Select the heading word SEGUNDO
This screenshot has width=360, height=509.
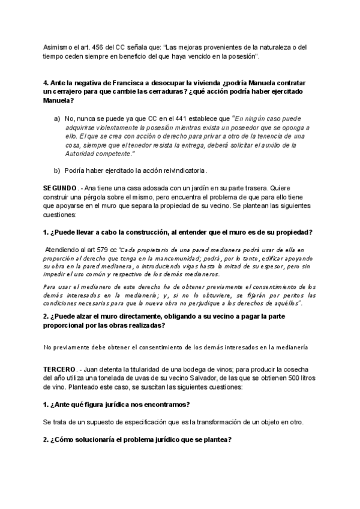pyautogui.click(x=60, y=188)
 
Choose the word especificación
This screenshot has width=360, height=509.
pyautogui.click(x=136, y=422)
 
